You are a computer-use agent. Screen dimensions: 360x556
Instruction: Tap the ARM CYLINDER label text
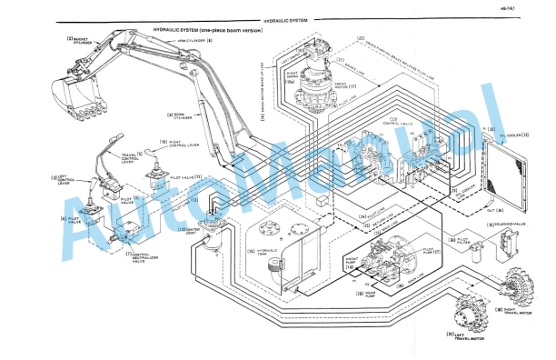pos(195,41)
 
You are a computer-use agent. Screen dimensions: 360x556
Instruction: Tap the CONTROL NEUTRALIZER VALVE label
pos(144,255)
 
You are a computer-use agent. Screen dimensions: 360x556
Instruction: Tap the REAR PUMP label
pos(374,294)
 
